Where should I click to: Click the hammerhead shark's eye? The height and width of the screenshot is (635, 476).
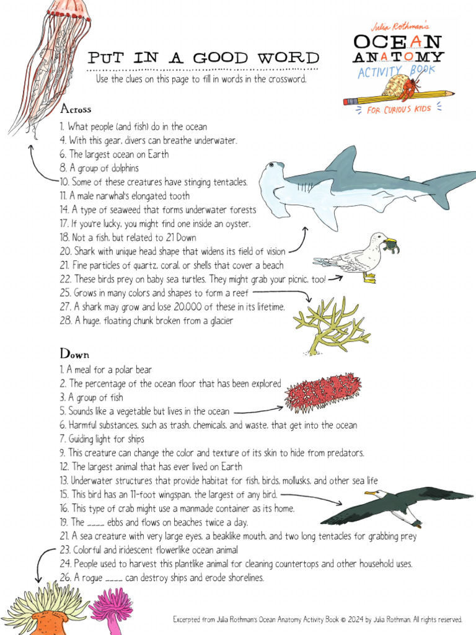coord(270,166)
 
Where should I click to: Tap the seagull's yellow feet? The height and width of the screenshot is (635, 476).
coord(370,278)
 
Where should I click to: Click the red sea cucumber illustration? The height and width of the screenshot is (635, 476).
coord(322,393)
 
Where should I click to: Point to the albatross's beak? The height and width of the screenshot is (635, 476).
coord(371,494)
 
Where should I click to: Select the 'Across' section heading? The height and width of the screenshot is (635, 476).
coord(76,109)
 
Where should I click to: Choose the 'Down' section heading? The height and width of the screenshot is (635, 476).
coord(74,354)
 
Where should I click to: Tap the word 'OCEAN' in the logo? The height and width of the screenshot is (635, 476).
coord(397,42)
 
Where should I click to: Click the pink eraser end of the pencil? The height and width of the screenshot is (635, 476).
coord(348,101)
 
